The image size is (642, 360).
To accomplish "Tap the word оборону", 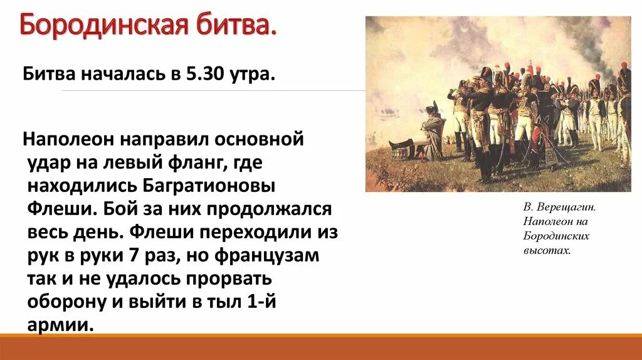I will (x=66, y=301).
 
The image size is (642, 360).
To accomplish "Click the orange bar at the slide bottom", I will (x=321, y=347).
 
